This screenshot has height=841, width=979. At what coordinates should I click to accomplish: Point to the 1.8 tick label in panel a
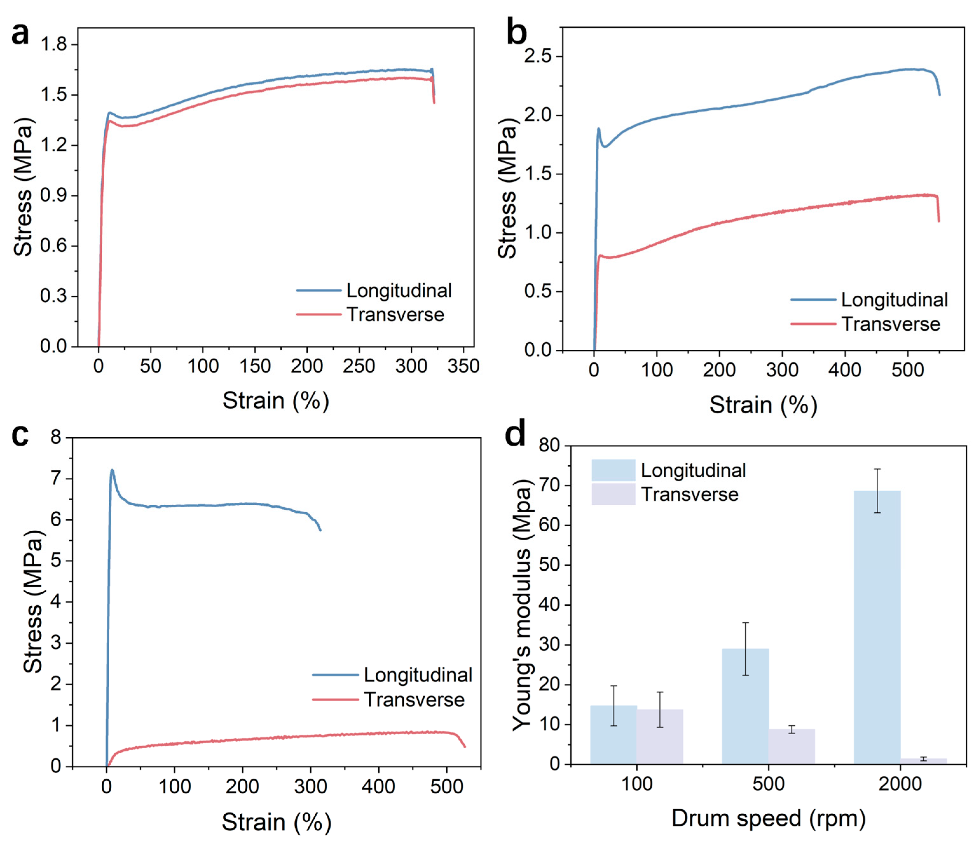[54, 44]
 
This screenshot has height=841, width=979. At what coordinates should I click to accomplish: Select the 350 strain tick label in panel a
[463, 366]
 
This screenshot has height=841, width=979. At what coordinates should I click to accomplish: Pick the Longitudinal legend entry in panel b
[869, 300]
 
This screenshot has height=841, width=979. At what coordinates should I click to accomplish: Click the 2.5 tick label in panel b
[538, 56]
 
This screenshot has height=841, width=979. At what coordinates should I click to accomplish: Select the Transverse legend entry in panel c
[388, 699]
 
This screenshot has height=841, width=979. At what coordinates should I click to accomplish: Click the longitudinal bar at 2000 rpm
[877, 627]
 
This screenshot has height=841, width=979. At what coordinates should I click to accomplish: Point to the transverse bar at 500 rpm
[792, 747]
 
